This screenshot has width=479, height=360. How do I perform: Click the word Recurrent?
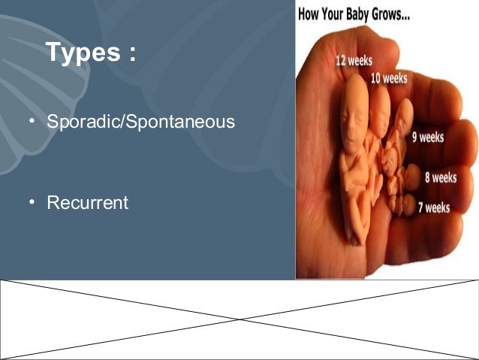tap(87, 203)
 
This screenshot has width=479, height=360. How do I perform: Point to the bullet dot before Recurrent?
tap(34, 203)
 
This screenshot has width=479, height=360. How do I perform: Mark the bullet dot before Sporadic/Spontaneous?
tap(34, 121)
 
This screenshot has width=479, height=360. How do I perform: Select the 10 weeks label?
tap(388, 77)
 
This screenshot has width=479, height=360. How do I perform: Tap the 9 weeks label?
tap(427, 138)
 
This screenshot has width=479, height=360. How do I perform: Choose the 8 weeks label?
tap(440, 178)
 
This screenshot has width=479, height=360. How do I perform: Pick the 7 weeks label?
tap(433, 207)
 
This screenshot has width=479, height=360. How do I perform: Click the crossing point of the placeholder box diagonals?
tap(239, 319)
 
